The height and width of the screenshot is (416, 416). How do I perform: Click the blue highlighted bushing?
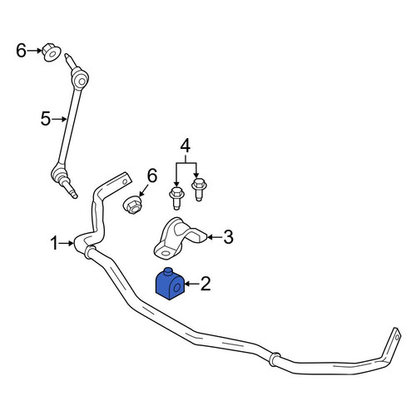point(170,285)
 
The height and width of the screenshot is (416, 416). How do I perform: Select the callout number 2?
point(206,284)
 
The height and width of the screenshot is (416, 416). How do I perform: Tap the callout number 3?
point(228,237)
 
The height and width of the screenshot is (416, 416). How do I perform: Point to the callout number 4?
point(186,146)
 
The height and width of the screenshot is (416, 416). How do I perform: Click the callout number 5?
point(46,119)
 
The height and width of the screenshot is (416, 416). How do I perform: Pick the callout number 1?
point(54,244)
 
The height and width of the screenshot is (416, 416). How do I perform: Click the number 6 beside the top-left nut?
point(21,51)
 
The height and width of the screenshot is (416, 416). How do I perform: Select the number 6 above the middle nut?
point(152,176)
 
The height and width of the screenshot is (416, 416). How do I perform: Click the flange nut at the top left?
point(51,52)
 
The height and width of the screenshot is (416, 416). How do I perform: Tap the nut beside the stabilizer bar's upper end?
point(132,205)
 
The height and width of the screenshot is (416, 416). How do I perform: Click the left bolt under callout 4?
point(176,198)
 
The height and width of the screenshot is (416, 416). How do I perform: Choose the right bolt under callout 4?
point(199,190)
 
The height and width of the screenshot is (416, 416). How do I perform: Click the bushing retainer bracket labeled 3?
point(177,239)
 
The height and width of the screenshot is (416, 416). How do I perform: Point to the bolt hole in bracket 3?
point(165,253)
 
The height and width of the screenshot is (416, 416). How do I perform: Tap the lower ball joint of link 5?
point(58,174)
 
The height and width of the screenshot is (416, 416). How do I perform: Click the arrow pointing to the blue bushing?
point(192,284)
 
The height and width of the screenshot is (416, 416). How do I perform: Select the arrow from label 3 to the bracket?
point(215,237)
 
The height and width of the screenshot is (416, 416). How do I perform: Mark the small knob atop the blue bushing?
point(168,271)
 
